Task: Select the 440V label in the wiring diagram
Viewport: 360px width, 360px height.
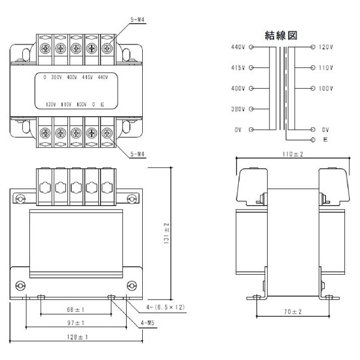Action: pyautogui.click(x=238, y=47)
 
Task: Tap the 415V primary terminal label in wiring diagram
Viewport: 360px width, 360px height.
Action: pyautogui.click(x=238, y=68)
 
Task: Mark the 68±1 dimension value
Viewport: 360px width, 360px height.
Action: pyautogui.click(x=75, y=310)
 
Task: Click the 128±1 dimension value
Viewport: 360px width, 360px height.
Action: pyautogui.click(x=76, y=337)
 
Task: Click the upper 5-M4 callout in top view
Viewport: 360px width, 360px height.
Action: pyautogui.click(x=138, y=20)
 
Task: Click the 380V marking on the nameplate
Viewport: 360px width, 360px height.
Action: pyautogui.click(x=58, y=77)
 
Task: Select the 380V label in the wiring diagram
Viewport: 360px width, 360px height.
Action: pyautogui.click(x=238, y=109)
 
